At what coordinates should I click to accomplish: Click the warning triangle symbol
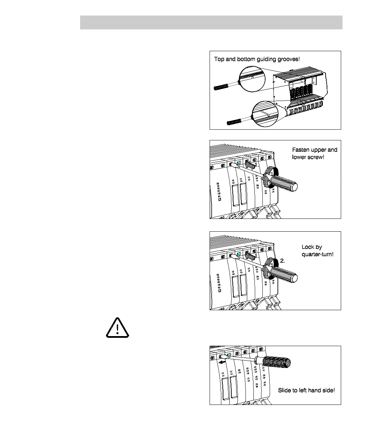[x=117, y=327]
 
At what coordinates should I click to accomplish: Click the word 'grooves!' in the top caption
[x=289, y=59]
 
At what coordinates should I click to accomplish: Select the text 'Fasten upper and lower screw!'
[x=315, y=153]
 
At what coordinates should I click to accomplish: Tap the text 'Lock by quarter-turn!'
[x=318, y=251]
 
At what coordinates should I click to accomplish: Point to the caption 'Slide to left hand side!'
[x=306, y=390]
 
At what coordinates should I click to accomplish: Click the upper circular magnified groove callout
[x=252, y=79]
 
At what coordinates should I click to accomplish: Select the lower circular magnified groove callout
[x=265, y=114]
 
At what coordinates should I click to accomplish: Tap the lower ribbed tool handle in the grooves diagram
[x=234, y=121]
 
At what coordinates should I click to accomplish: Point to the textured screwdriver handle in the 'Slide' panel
[x=276, y=362]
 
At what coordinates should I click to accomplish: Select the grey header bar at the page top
[x=211, y=22]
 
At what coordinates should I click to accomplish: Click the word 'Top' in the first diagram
[x=219, y=59]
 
